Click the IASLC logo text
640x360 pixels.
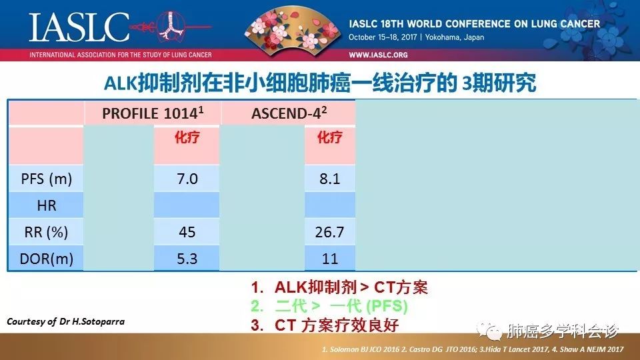tap(79, 27)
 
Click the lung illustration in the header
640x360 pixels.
tap(171, 25)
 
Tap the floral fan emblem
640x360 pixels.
tap(292, 28)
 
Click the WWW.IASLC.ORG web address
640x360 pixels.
tap(378, 55)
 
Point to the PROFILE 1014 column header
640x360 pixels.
tap(153, 113)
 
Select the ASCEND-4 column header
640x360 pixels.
tap(289, 113)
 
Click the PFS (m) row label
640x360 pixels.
tap(47, 179)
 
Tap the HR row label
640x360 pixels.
tap(47, 205)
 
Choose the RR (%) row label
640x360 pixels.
tap(46, 232)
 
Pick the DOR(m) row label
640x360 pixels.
tap(46, 259)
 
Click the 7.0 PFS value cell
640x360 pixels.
tap(187, 179)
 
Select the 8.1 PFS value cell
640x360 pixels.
tap(330, 179)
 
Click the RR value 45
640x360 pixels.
tap(187, 232)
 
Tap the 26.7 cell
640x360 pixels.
tap(329, 232)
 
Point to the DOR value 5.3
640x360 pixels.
tap(187, 259)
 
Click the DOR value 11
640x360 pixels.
tap(330, 259)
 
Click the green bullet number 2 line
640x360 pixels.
tap(329, 306)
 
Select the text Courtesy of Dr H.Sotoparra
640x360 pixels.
tap(66, 321)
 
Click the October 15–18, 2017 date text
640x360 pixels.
tap(383, 37)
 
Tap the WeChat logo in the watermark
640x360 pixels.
tap(489, 330)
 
